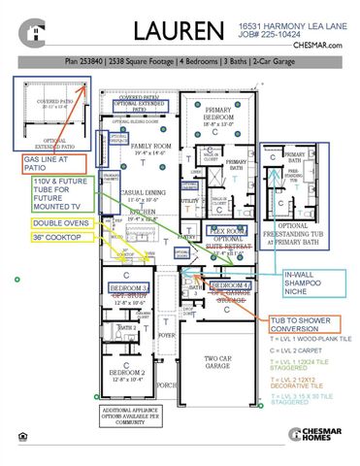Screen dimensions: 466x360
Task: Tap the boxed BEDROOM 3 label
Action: pyautogui.click(x=129, y=289)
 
